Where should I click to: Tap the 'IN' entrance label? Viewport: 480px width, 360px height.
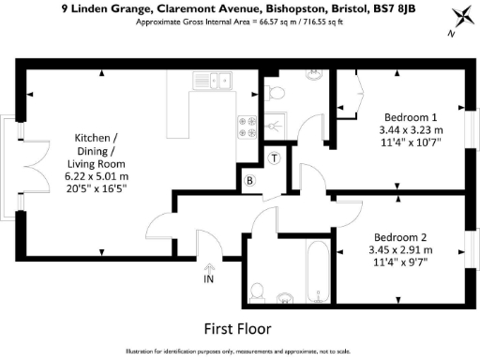[x=209, y=278]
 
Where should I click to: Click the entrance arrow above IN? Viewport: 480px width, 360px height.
[x=209, y=265]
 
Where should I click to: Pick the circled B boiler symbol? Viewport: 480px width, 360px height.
[x=250, y=180]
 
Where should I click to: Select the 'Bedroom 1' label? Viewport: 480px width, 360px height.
[x=404, y=116]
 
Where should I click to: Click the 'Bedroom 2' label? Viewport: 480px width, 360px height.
[x=402, y=236]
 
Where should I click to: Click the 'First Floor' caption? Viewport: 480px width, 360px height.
[x=238, y=329]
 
